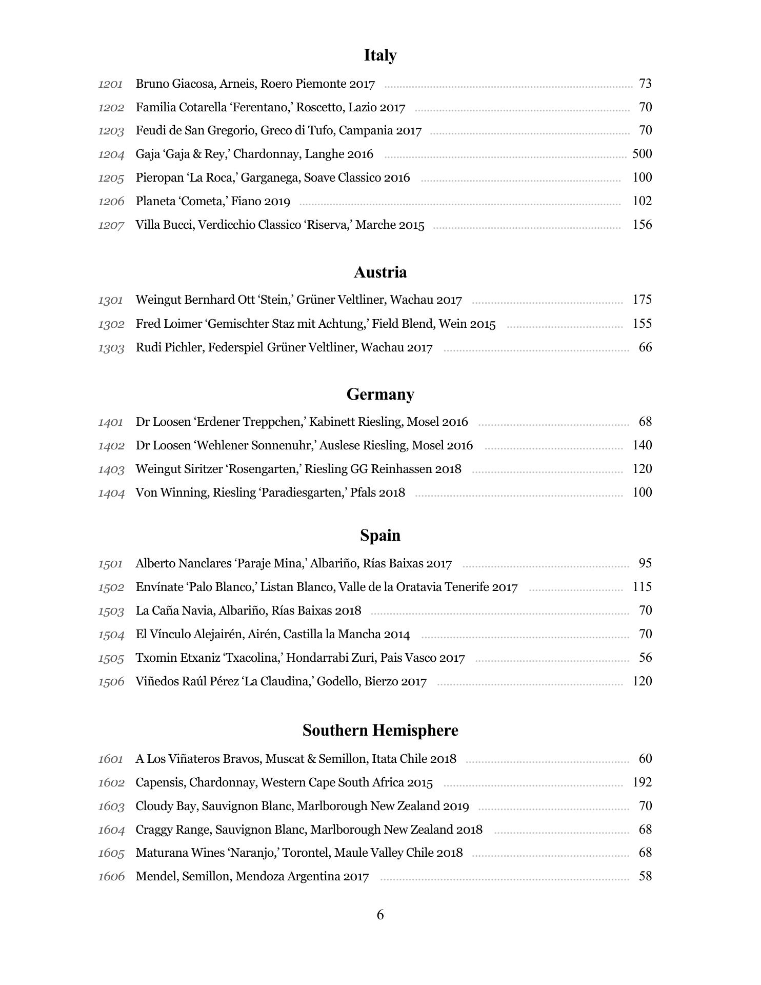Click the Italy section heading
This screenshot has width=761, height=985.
pos(380,55)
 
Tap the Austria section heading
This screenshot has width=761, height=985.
pos(380,272)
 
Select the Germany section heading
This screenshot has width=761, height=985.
pos(380,395)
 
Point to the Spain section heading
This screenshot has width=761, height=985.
pos(380,536)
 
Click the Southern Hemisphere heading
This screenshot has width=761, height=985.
pos(380,731)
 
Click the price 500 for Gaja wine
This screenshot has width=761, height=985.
pos(642,154)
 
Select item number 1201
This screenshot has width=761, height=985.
pos(111,84)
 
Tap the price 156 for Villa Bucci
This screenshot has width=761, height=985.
pos(642,225)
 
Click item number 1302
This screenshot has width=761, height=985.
pos(111,324)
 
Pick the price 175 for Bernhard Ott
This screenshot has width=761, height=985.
pos(642,300)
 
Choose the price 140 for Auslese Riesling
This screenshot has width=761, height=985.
pos(642,445)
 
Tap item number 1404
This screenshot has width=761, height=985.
pos(111,493)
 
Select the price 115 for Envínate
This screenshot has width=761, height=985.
pos(642,587)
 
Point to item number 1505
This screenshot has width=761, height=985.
pos(111,658)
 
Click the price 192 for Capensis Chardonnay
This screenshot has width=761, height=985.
pos(642,782)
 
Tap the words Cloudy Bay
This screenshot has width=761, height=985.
pos(166,806)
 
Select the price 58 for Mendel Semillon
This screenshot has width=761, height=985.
pos(645,876)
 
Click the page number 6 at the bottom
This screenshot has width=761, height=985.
pos(380,915)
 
